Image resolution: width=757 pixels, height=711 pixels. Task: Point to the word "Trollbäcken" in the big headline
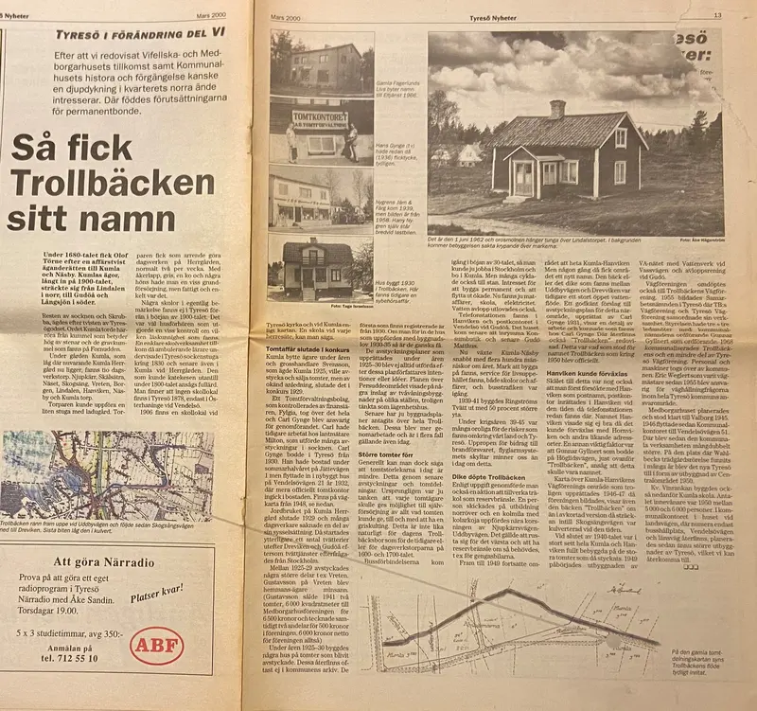pyautogui.click(x=114, y=181)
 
